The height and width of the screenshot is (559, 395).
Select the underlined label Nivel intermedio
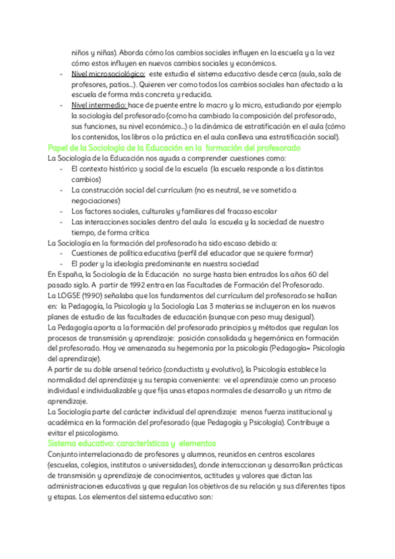click(x=99, y=105)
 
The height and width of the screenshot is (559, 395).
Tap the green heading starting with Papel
click(x=174, y=148)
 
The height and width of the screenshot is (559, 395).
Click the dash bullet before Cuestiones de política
click(x=61, y=253)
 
